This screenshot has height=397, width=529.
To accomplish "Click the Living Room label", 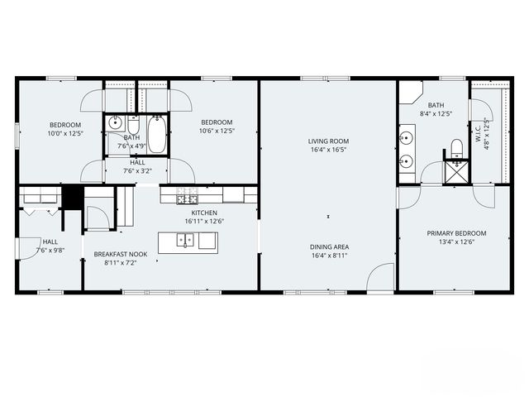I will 328,141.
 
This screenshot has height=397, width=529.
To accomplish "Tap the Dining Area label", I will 328,247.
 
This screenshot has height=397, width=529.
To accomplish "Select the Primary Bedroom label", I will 456,233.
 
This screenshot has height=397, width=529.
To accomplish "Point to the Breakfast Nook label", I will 121,254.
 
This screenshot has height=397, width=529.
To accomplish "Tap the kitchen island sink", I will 188,241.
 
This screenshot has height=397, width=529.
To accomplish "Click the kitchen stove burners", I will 187,195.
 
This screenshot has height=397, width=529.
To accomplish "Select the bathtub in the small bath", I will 157,135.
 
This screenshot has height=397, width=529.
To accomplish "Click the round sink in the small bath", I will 115,124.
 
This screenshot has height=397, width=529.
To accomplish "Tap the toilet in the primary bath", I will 455,149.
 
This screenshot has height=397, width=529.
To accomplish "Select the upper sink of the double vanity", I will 406,137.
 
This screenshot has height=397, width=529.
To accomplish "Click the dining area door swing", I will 381,276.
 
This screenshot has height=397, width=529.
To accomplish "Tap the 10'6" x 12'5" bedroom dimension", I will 217,130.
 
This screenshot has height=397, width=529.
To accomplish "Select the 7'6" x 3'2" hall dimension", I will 137,171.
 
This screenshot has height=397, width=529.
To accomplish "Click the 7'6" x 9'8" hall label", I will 49,249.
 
